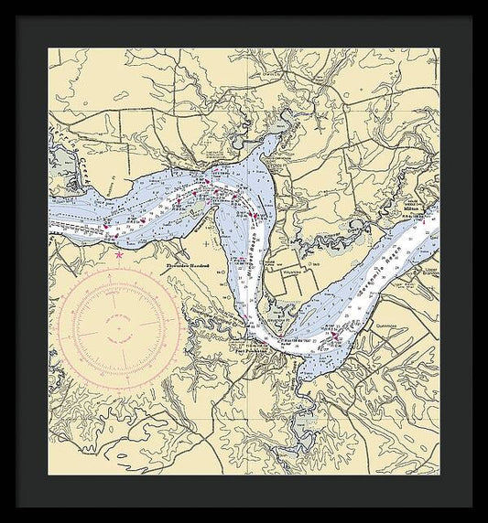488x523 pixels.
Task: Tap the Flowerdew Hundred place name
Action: pos(189,266)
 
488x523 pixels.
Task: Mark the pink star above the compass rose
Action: pos(119,256)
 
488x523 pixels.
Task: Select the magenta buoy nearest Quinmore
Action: pos(336,336)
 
